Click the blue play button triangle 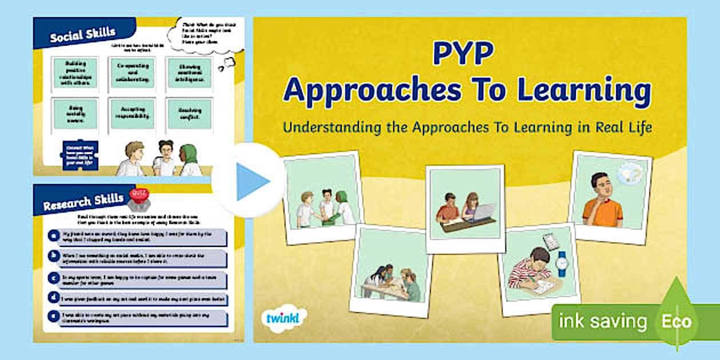click(251, 181)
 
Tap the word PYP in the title click(463, 54)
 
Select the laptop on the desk click(483, 213)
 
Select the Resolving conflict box click(189, 114)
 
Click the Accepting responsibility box click(132, 114)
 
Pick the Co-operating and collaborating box click(132, 72)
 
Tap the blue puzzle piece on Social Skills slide click(79, 155)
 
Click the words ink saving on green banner click(602, 322)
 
